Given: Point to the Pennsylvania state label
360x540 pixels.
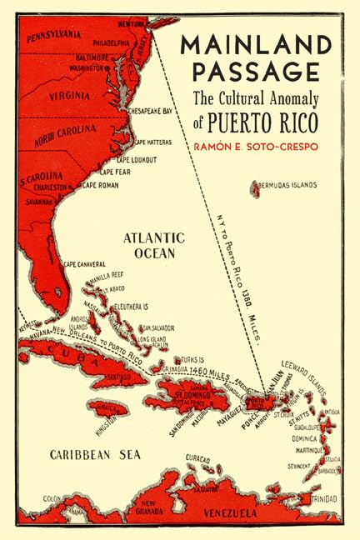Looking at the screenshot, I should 59,36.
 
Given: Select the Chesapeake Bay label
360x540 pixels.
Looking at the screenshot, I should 150,110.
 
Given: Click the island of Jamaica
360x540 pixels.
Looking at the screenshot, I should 107,407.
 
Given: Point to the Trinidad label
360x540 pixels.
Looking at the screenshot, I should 325,500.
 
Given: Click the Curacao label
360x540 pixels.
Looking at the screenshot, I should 197,457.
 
